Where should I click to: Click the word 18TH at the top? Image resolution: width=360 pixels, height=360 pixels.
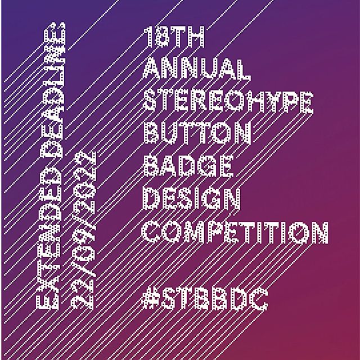pos(174,36)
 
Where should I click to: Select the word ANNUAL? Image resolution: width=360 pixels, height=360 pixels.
pos(196,69)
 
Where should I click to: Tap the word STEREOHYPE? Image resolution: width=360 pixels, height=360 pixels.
pos(228,101)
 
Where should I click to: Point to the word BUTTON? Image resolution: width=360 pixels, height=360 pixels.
pos(197,134)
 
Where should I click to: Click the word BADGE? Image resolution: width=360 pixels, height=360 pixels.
pos(188,166)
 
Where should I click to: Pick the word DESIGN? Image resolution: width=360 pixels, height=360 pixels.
pos(191,199)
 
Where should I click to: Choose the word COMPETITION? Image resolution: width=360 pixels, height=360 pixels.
pos(235,232)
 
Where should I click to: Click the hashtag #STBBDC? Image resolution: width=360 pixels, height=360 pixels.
pos(205,299)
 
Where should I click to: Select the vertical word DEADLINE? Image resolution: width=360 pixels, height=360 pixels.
pos(53,89)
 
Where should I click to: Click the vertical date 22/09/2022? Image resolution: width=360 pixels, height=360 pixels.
pos(83,230)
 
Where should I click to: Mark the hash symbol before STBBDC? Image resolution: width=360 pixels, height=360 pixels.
pos(150,299)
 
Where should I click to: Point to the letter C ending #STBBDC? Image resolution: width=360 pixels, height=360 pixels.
pos(259,299)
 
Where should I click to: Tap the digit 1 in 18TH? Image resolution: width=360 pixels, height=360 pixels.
pos(148,36)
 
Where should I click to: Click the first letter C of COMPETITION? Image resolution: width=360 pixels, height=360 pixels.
pos(151,232)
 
